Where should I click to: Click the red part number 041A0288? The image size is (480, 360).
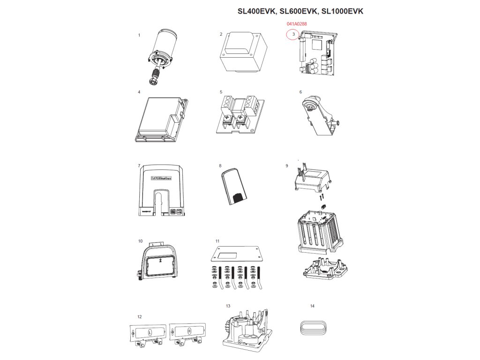pyautogui.click(x=297, y=23)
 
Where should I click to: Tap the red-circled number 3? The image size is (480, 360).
pyautogui.click(x=293, y=34)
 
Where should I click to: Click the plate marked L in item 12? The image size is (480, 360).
pyautogui.click(x=148, y=332)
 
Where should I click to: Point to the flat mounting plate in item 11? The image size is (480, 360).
pyautogui.click(x=237, y=255)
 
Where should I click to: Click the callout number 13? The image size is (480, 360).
pyautogui.click(x=228, y=306)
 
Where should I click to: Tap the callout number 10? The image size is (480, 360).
pyautogui.click(x=140, y=241)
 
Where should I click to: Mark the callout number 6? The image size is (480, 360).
pyautogui.click(x=300, y=92)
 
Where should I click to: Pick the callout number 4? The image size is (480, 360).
pyautogui.click(x=139, y=92)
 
